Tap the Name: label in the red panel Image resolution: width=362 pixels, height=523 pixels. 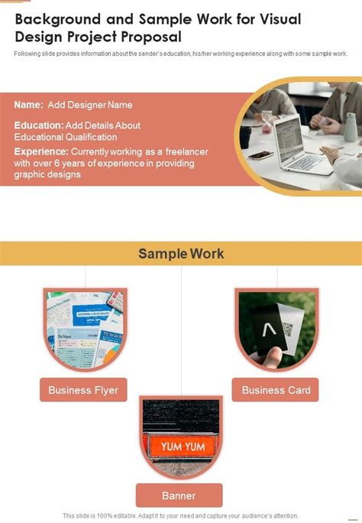(28, 105)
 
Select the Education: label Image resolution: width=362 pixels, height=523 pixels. (38, 125)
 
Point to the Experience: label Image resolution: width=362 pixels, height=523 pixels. (41, 152)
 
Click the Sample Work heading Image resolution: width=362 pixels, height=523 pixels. (181, 253)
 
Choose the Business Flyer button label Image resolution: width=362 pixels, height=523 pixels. (83, 390)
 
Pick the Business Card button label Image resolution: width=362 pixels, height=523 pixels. (276, 390)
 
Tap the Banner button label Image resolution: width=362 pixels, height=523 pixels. (179, 495)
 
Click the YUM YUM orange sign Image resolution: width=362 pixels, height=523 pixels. (180, 444)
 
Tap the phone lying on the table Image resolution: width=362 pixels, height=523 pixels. (260, 154)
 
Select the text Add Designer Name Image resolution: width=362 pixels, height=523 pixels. (90, 105)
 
